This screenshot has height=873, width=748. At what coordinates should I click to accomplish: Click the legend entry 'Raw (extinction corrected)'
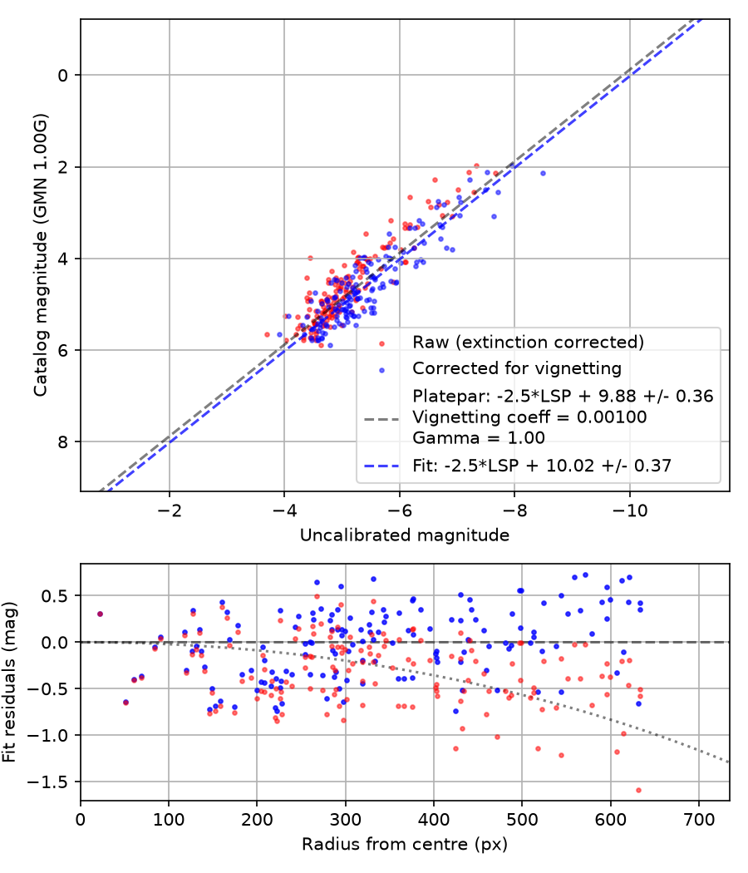[x=528, y=342]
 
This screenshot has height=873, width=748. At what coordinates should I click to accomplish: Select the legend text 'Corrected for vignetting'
[x=516, y=368]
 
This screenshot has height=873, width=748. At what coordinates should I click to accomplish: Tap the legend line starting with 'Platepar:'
[x=563, y=396]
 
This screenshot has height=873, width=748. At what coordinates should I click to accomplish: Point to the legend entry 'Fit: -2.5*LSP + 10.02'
[x=542, y=465]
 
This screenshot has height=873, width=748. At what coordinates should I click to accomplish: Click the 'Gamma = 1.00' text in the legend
[x=479, y=437]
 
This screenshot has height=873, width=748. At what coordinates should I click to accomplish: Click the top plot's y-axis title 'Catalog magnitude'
[x=40, y=255]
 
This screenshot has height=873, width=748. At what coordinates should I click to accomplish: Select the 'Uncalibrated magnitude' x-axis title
[x=405, y=535]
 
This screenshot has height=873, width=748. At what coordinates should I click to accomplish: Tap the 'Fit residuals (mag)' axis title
[x=8, y=682]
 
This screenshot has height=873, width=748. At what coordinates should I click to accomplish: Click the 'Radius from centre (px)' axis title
[x=405, y=845]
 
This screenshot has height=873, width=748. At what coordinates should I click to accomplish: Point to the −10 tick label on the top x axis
[x=629, y=510]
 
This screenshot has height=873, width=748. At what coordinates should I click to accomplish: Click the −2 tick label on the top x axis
[x=170, y=510]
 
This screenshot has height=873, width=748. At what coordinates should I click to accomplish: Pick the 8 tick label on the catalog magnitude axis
[x=63, y=442]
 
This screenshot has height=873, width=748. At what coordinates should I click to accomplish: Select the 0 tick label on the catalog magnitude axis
[x=63, y=75]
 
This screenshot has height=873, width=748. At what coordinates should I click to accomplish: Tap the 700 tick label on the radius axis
[x=698, y=820]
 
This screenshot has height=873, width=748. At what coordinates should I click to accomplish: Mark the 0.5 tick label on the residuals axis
[x=54, y=596]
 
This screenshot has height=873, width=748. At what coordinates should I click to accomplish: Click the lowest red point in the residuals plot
[x=638, y=790]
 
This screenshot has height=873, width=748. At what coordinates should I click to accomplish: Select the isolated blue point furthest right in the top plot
[x=544, y=174]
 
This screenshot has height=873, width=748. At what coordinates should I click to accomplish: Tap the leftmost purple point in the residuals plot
[x=101, y=614]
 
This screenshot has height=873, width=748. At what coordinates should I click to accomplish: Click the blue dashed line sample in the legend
[x=381, y=466]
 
